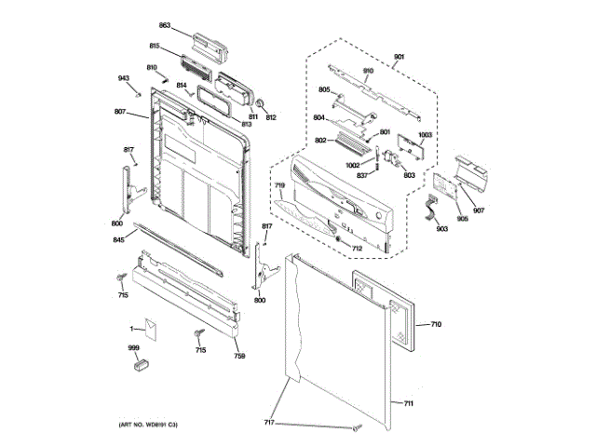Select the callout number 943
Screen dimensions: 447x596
(x=123, y=78)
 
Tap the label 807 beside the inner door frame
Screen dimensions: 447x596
(x=120, y=113)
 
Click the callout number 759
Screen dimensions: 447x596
(x=239, y=358)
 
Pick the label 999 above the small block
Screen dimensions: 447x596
(x=134, y=347)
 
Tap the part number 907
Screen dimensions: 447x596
(x=479, y=210)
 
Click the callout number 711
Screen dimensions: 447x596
(x=408, y=403)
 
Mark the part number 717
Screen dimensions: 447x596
(x=269, y=423)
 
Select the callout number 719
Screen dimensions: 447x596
(x=278, y=187)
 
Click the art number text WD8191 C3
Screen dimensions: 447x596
(x=148, y=425)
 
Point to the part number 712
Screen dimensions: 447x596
(x=357, y=249)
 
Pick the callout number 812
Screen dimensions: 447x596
(x=271, y=117)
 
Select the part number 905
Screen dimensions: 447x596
(x=463, y=220)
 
